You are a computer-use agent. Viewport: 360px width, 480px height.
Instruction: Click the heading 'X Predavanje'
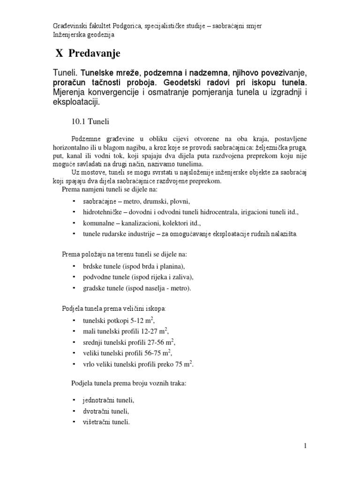pos(88,54)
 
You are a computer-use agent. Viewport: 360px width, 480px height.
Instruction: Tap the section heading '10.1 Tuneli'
pos(90,121)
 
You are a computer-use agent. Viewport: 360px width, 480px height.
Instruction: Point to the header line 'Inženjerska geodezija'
pos(83,34)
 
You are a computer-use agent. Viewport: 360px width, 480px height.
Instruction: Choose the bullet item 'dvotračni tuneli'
pos(105,411)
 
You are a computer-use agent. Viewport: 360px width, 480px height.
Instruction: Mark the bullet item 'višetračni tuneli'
pos(106,422)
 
